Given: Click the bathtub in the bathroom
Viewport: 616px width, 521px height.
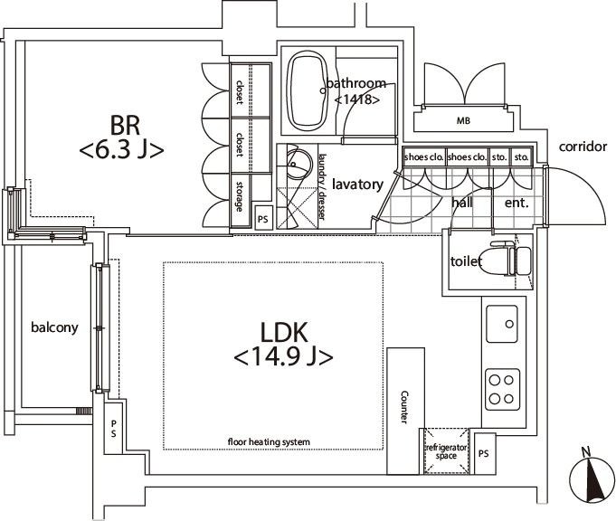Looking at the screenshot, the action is click(307, 91).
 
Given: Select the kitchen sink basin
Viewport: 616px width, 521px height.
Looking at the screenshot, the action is click(502, 324).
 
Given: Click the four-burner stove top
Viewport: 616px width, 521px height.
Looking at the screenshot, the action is click(502, 389).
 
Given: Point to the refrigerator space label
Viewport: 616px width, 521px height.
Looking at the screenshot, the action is click(446, 451).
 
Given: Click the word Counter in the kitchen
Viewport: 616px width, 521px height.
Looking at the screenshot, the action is click(403, 407).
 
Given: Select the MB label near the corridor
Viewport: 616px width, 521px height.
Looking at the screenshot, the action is click(463, 121).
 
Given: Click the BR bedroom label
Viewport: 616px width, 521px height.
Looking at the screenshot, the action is click(125, 126).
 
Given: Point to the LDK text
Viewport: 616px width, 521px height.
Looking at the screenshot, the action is click(284, 332).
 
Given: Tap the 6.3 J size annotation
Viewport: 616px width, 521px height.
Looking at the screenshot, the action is click(122, 150).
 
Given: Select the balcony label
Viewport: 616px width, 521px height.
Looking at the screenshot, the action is click(54, 327).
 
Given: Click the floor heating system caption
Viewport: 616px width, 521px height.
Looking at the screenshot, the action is click(269, 442).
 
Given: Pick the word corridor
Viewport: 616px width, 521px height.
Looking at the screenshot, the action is click(583, 147).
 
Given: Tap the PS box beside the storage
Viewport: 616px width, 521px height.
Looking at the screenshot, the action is click(263, 218).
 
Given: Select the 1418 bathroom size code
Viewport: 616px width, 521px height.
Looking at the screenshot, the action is click(356, 99).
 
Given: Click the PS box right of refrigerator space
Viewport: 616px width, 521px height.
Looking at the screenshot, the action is click(484, 453).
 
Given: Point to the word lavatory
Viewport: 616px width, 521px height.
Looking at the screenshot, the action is click(357, 185).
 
